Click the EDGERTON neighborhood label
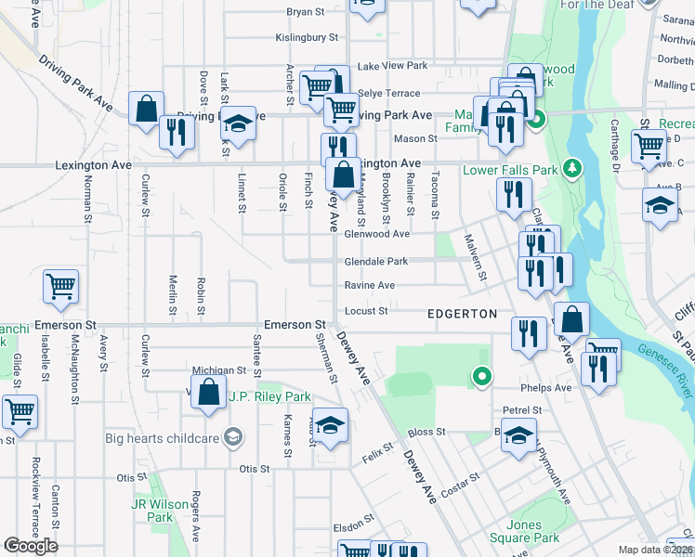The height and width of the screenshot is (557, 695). [462, 314]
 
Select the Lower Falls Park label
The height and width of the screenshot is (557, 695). [510, 170]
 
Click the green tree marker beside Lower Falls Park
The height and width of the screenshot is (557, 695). [573, 167]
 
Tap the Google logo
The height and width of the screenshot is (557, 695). [30, 546]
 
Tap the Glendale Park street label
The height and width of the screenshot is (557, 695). [376, 261]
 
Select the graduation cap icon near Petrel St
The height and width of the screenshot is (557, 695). [518, 435]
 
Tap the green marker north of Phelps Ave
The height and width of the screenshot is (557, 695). [481, 376]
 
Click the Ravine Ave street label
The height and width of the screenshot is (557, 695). [370, 286]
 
